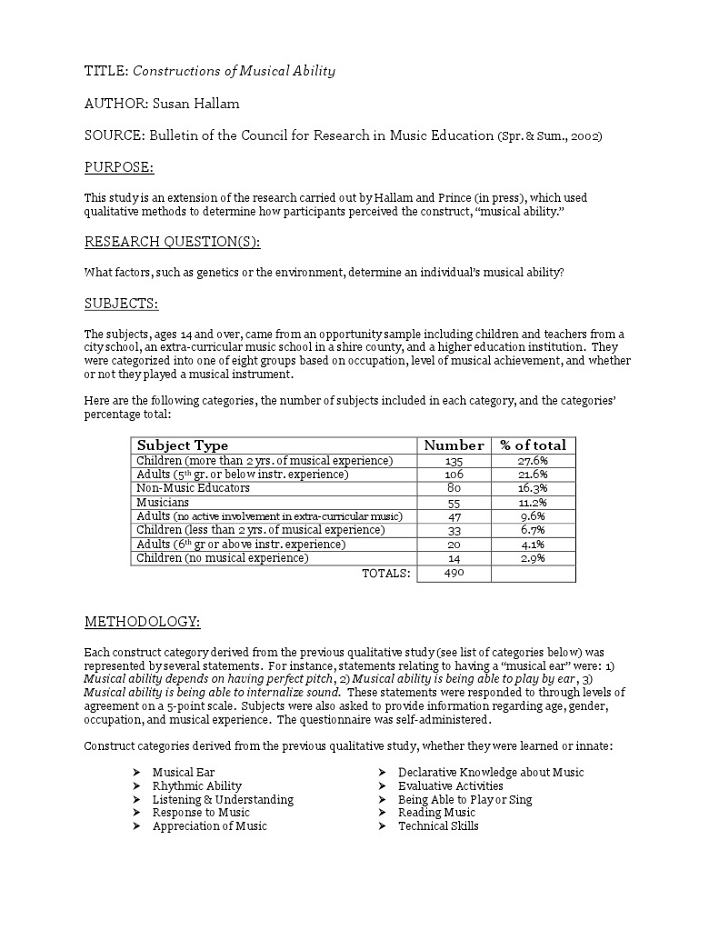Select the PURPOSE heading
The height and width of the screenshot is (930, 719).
point(119,167)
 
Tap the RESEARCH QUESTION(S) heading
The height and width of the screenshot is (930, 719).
point(172,242)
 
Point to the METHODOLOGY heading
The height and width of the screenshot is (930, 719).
point(142,622)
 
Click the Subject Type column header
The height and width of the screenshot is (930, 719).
point(182,445)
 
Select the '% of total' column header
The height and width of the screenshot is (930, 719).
point(533,445)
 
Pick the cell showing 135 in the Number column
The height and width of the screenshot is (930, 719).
point(454,461)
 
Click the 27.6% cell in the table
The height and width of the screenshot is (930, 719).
point(533,461)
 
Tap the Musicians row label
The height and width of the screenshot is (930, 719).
point(163,502)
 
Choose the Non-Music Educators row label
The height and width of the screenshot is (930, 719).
point(193,488)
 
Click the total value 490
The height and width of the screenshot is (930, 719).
point(454,573)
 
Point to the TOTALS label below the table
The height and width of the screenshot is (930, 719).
point(386,573)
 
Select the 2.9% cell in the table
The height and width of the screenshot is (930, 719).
point(533,558)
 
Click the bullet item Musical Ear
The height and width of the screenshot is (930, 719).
point(184,772)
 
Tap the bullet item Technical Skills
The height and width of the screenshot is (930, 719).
point(438,825)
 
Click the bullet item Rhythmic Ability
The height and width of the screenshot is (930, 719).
point(196,785)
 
